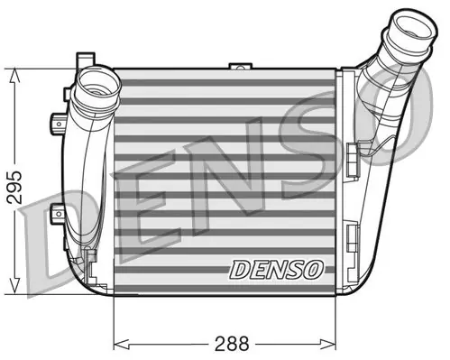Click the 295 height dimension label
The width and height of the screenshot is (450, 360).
(14, 188)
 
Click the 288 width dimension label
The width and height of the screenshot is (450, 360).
(232, 343)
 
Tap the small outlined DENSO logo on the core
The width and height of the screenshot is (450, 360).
(276, 269)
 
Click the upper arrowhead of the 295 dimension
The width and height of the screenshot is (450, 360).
(14, 75)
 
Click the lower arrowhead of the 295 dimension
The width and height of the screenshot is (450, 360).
(14, 287)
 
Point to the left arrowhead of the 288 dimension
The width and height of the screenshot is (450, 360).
(122, 343)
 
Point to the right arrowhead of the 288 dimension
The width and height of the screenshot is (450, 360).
(327, 343)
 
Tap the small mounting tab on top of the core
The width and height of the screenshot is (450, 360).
(240, 66)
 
